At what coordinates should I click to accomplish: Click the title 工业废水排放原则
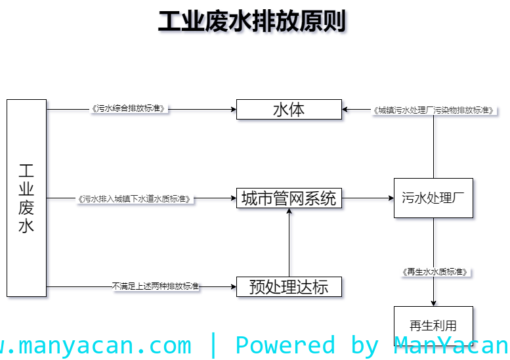[253, 22]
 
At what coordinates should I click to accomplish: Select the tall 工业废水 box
[26, 198]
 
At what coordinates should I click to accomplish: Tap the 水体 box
[289, 110]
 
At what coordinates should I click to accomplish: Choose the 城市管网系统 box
[289, 198]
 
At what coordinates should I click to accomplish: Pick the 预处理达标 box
[289, 287]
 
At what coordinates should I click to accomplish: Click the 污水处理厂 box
[433, 198]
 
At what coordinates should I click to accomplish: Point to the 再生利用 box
[433, 325]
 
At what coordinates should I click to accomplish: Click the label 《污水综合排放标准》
[129, 108]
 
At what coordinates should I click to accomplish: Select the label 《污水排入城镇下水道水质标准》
[135, 198]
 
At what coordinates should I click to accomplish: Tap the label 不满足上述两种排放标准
[156, 286]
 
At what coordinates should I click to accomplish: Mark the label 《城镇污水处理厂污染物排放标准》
[433, 110]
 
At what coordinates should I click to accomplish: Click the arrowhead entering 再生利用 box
[435, 303]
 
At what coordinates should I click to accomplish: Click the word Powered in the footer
[285, 345]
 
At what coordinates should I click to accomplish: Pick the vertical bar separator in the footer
[213, 345]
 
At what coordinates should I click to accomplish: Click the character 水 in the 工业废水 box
[26, 227]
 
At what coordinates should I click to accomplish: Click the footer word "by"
[364, 345]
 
